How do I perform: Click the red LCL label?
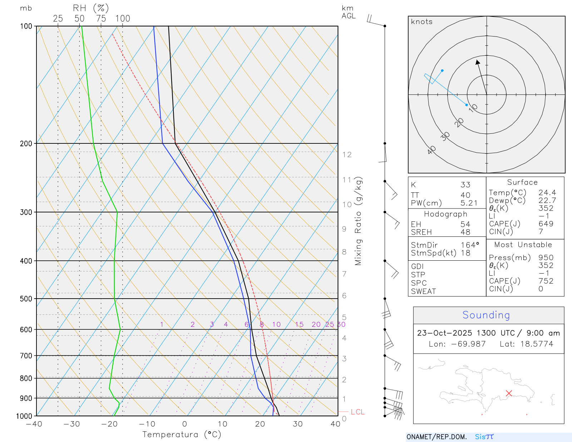click(x=357, y=412)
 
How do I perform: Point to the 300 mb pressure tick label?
click(x=26, y=212)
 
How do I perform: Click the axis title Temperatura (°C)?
click(x=182, y=434)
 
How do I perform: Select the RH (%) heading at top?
click(x=91, y=8)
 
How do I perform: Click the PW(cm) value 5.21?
click(x=469, y=203)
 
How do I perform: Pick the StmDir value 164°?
click(x=470, y=245)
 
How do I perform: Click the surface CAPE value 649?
click(x=546, y=224)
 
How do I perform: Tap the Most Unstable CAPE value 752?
click(x=546, y=281)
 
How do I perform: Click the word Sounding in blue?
click(x=486, y=315)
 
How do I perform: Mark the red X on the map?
click(x=509, y=393)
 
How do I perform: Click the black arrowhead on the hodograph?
click(x=478, y=62)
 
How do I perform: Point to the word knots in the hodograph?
click(x=421, y=22)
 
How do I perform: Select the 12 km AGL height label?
click(x=347, y=155)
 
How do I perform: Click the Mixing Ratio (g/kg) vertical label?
click(x=358, y=221)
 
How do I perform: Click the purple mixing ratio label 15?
click(x=299, y=324)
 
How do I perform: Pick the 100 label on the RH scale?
click(x=123, y=19)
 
